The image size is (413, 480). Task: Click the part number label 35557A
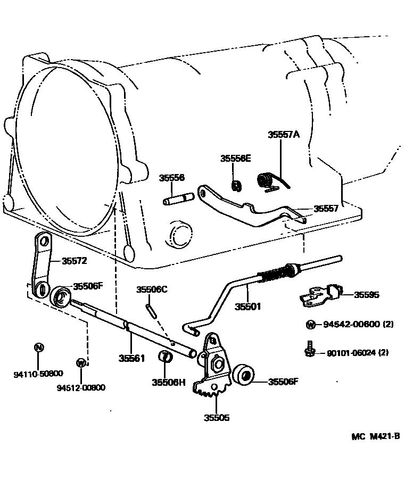pyautogui.click(x=284, y=135)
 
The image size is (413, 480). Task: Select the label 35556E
pyautogui.click(x=236, y=159)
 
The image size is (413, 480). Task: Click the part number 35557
pyautogui.click(x=326, y=209)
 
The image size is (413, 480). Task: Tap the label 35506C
pyautogui.click(x=152, y=289)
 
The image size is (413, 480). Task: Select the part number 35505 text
pyautogui.click(x=217, y=418)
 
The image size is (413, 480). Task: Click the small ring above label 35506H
pyautogui.click(x=166, y=357)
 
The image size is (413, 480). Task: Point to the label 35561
pyautogui.click(x=131, y=358)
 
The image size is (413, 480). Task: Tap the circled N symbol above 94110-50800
pyautogui.click(x=38, y=347)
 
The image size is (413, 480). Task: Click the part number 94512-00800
pyautogui.click(x=81, y=387)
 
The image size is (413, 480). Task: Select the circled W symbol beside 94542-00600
pyautogui.click(x=310, y=325)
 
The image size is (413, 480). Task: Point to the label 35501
pyautogui.click(x=248, y=307)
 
